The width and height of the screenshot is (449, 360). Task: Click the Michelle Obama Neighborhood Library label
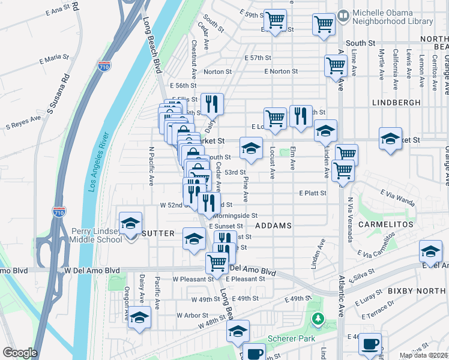pos(393,17)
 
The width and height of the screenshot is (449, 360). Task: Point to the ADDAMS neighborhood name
pos(273,226)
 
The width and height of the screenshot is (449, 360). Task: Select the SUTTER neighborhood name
pos(158,233)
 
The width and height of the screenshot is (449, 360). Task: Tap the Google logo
pos(20,352)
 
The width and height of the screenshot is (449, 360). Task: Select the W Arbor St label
pos(192,315)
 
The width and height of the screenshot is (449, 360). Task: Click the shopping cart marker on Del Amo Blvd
pos(217,262)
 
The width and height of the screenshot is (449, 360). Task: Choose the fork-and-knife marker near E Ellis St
pos(211,104)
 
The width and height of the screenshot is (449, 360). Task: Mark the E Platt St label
pos(313,193)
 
